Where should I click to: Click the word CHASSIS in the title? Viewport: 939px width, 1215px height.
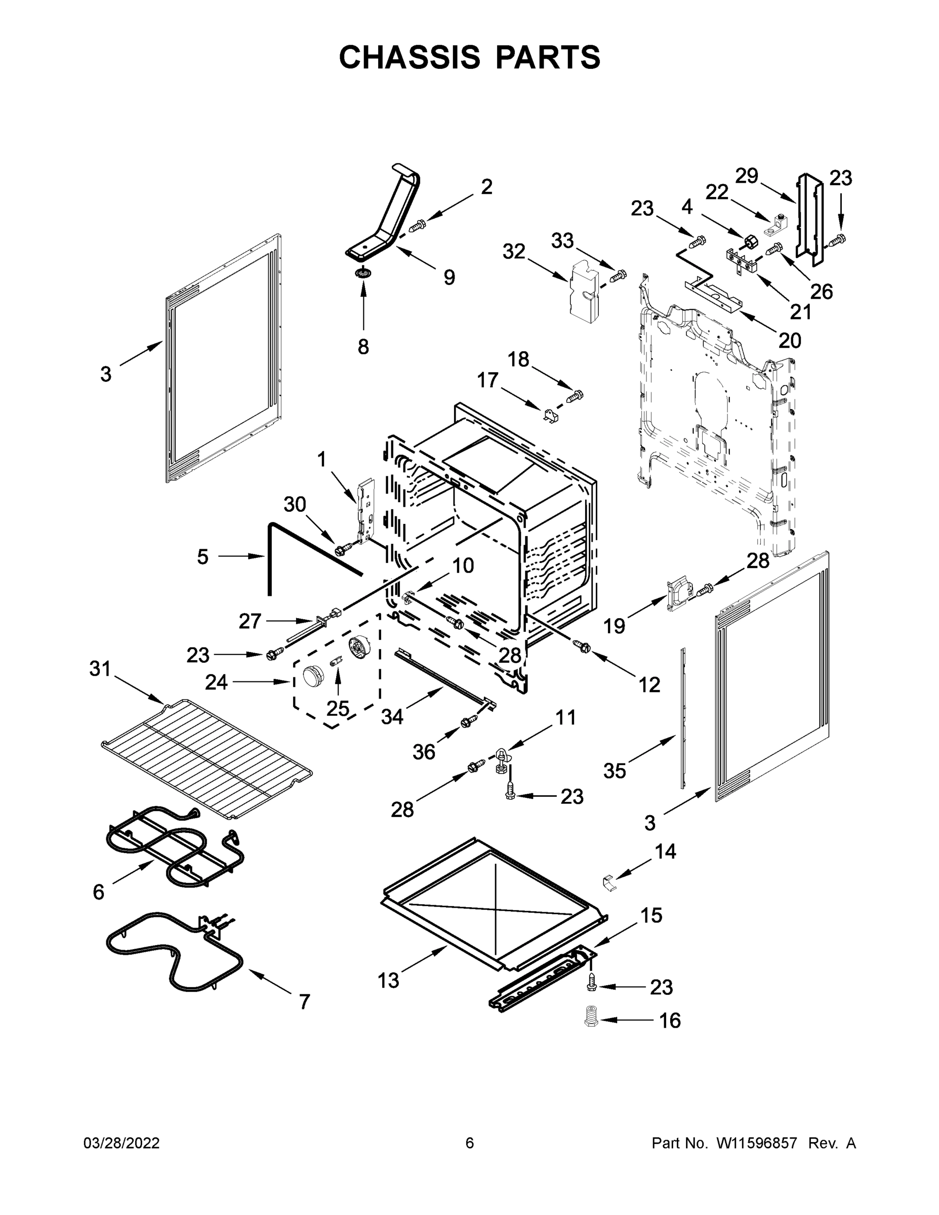tap(410, 57)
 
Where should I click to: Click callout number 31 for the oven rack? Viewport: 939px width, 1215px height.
tap(100, 669)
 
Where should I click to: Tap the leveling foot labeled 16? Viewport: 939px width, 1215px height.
tap(591, 1019)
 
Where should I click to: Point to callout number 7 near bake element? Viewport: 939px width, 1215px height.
tap(304, 1002)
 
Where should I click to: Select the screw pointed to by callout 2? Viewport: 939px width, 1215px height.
tap(417, 226)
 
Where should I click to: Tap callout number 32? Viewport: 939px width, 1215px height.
tap(513, 252)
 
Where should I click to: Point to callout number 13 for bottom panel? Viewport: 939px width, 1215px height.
tap(388, 980)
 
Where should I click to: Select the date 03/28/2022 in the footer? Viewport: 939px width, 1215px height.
tap(121, 1143)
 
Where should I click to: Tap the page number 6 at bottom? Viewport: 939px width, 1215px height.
tap(470, 1143)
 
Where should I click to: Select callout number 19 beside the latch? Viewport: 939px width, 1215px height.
tap(614, 626)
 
